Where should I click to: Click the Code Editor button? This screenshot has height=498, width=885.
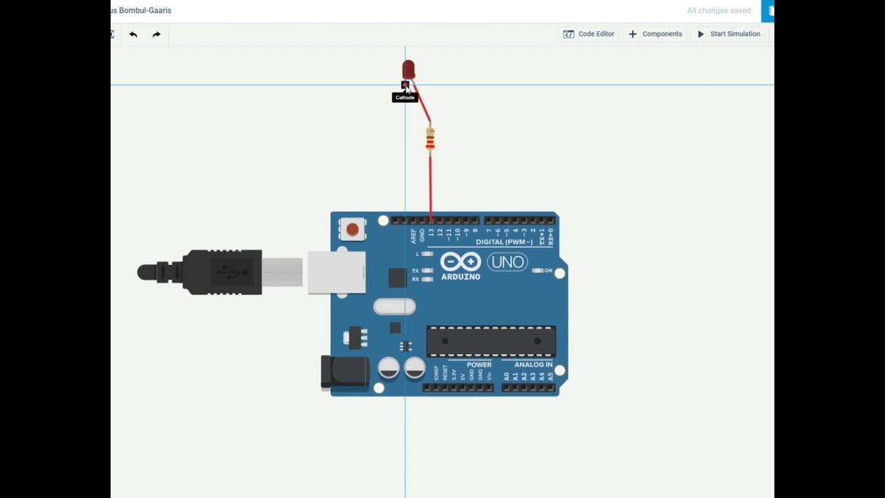pos(588,34)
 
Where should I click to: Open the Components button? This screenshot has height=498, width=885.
pos(655,34)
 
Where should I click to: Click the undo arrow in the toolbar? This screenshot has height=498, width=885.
pos(133,34)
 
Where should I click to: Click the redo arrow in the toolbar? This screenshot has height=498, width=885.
pos(156,34)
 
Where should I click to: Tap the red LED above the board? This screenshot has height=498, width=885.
pos(409,69)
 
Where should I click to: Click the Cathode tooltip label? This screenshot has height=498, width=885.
pos(405,98)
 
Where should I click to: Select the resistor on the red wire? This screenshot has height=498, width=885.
pos(430,138)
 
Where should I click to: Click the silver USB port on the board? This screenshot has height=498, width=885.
pos(336,273)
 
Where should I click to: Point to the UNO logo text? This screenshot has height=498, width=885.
pos(507,262)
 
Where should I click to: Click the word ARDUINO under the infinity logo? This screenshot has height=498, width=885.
pos(460,277)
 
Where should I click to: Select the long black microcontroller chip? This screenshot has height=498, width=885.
pos(491,341)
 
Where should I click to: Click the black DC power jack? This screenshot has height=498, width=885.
pos(344,372)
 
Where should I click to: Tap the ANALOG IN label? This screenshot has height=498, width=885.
pos(533,365)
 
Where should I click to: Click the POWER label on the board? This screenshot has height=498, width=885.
pos(479,365)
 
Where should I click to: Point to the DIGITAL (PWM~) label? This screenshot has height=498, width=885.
pos(504,242)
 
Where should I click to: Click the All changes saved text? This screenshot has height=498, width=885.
pos(718,10)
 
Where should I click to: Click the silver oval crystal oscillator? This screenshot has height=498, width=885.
pos(394,306)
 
